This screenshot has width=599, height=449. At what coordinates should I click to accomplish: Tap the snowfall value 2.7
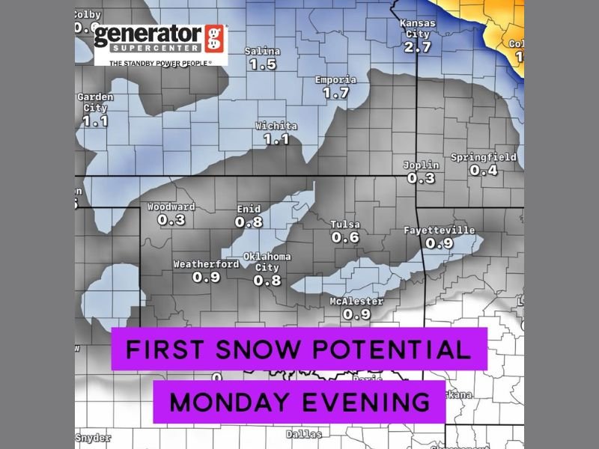click(418, 47)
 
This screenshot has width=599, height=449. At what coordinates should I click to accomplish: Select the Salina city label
click(263, 52)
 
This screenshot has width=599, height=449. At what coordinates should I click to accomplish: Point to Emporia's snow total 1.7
click(336, 94)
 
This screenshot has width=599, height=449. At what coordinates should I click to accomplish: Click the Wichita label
click(276, 126)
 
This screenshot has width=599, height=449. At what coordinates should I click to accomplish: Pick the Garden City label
click(96, 103)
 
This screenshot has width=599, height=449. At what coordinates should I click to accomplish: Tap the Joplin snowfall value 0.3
click(421, 178)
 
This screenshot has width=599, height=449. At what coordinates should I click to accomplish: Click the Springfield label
click(483, 158)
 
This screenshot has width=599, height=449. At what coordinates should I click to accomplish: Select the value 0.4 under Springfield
click(483, 171)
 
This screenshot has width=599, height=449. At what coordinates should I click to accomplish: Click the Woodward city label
click(171, 207)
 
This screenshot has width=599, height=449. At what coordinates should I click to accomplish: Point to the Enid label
click(248, 210)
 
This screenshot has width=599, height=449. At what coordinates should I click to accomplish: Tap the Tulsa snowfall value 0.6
click(345, 238)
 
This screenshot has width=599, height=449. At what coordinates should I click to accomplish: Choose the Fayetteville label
click(439, 230)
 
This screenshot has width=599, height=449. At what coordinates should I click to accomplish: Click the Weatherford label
click(206, 264)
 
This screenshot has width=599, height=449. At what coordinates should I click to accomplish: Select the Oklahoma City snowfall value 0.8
click(267, 281)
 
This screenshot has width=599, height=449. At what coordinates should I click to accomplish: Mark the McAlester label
click(356, 302)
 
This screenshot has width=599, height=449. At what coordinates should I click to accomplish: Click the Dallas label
click(304, 434)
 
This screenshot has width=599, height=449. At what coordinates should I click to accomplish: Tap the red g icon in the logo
click(215, 37)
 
